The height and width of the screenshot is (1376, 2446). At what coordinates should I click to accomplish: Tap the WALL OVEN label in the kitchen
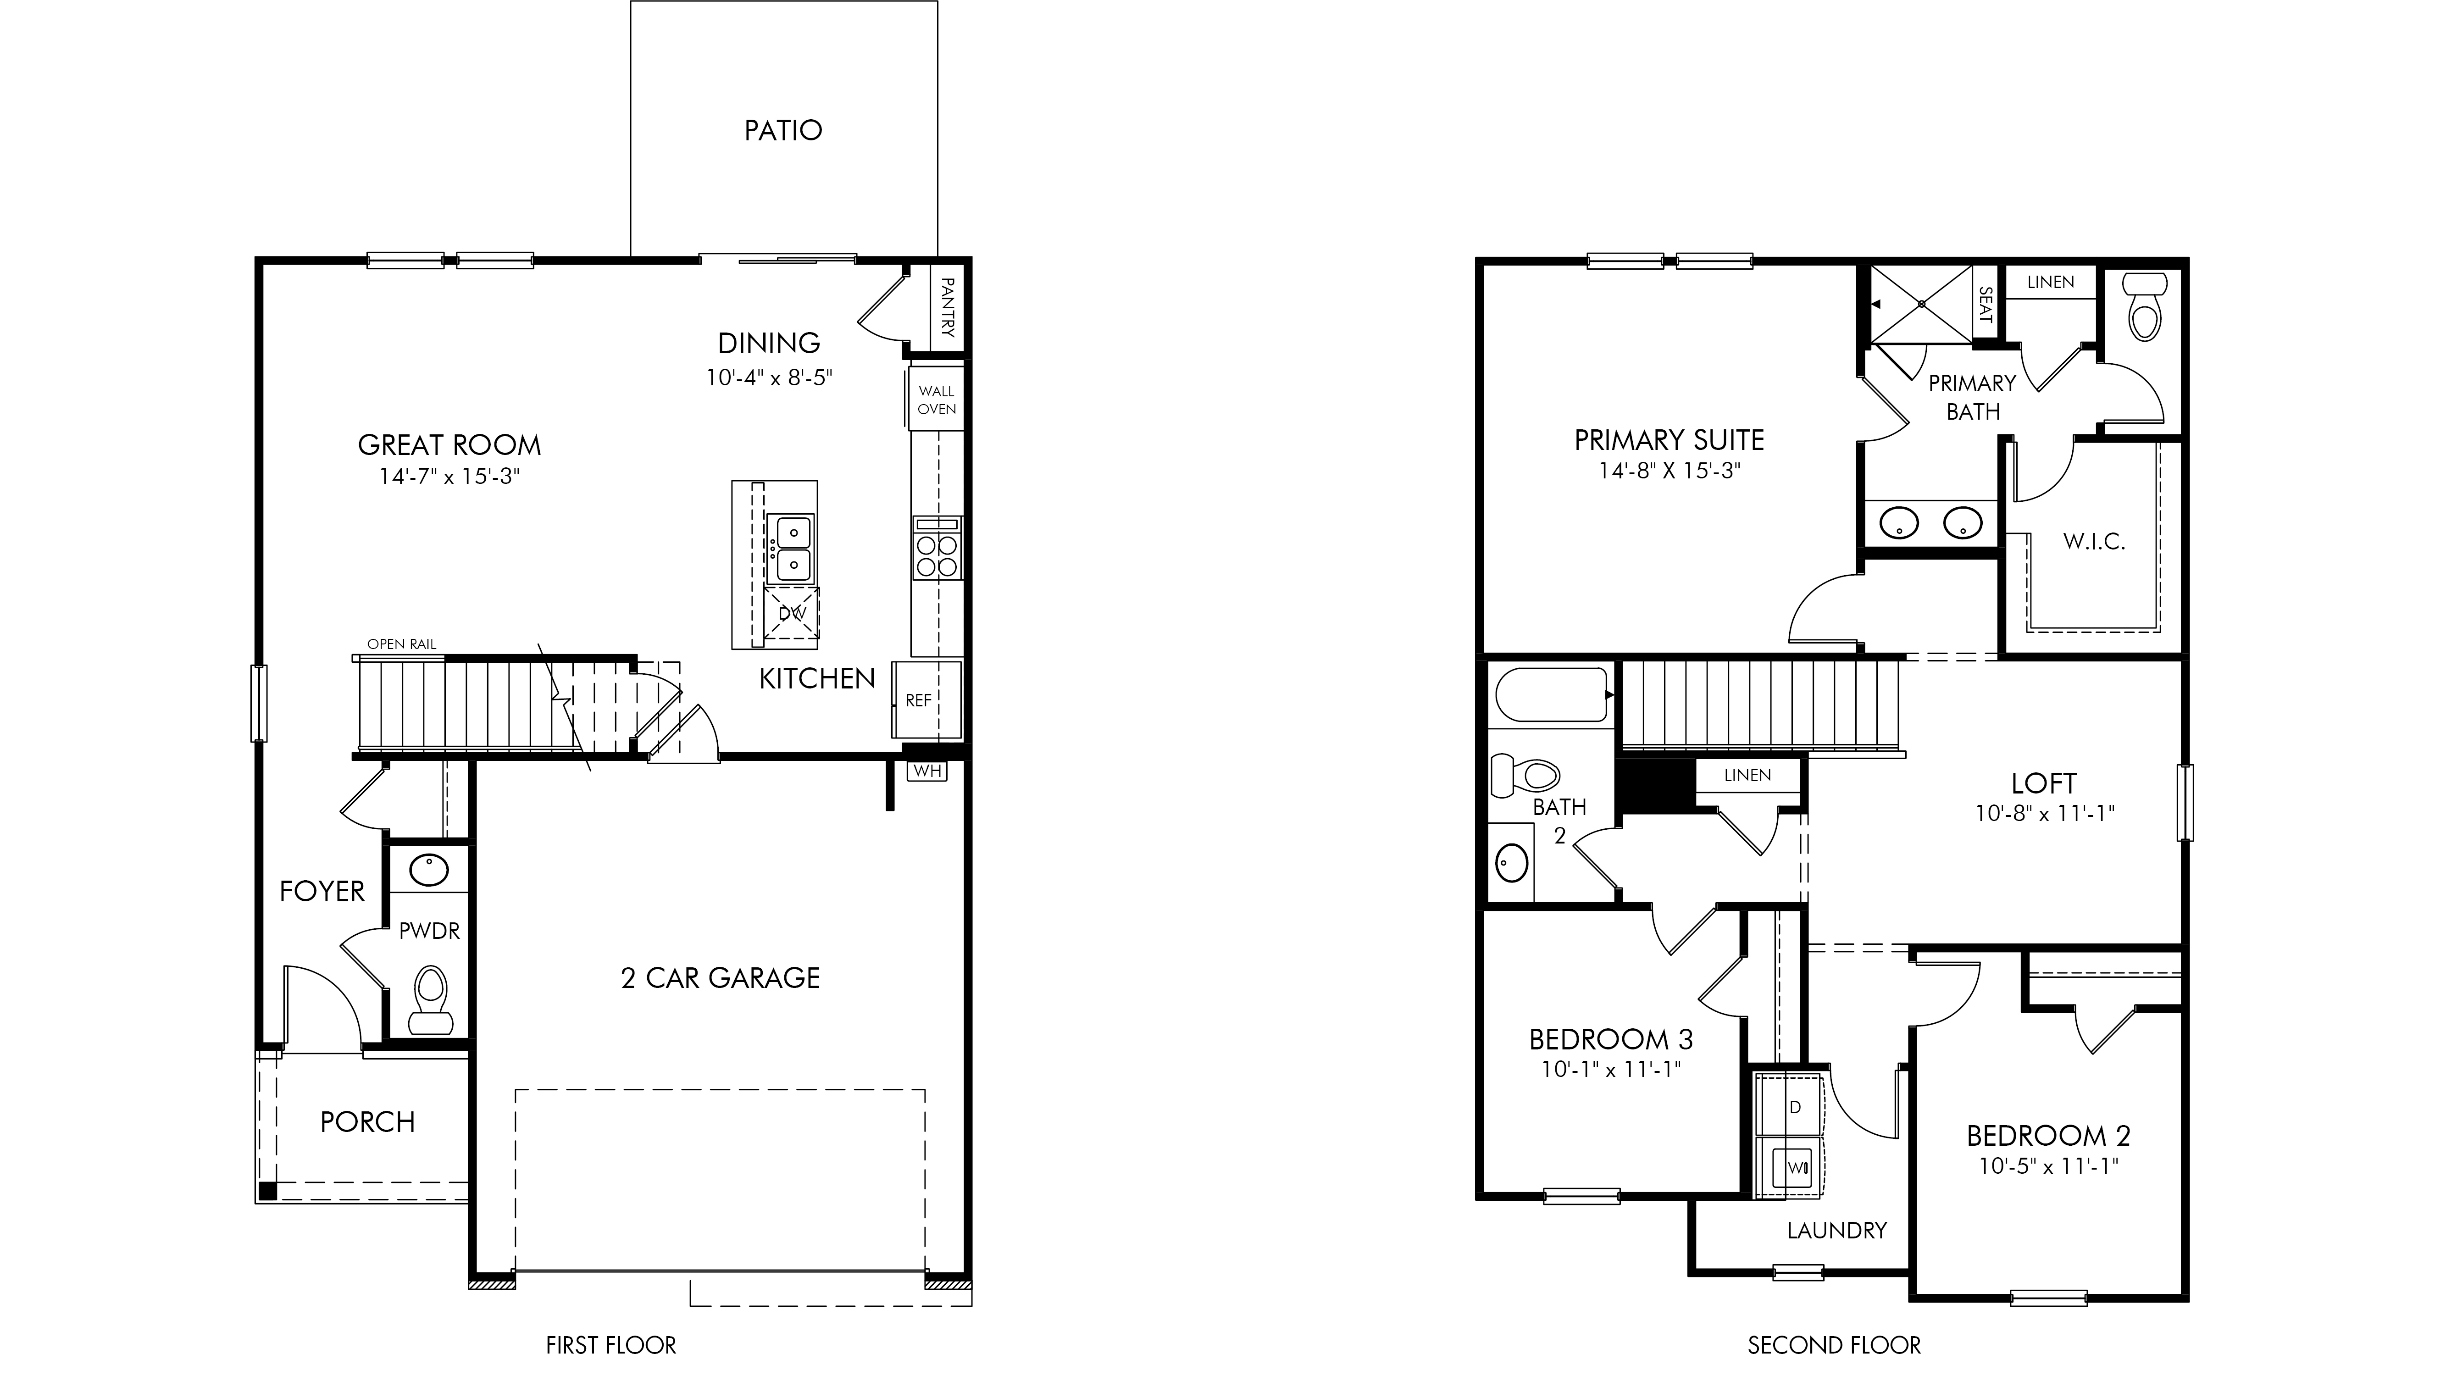point(936,400)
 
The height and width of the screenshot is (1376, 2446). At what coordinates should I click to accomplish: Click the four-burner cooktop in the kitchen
point(937,548)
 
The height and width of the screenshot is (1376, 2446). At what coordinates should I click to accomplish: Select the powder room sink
point(429,870)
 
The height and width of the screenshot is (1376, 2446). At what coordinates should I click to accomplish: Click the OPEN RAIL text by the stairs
point(402,644)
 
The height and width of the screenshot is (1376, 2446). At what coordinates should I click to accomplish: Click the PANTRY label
point(947,307)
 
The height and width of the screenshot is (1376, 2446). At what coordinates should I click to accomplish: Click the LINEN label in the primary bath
point(2051,282)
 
